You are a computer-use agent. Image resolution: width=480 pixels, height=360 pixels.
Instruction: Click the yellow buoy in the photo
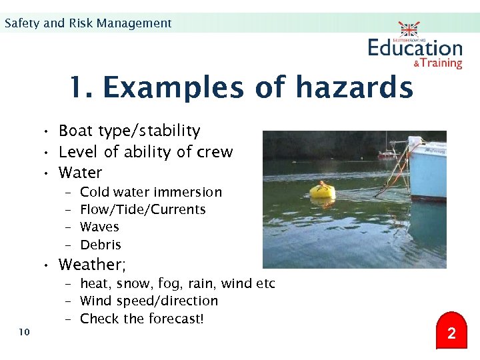pos(322,191)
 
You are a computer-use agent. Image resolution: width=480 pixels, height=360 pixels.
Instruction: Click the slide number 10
pos(25,332)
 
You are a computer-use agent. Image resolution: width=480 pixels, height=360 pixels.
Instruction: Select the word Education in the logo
pos(415,48)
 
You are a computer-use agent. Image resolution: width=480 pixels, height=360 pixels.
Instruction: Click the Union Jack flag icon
pos(409,29)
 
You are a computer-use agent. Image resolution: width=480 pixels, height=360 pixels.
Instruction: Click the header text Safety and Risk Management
pos(88,23)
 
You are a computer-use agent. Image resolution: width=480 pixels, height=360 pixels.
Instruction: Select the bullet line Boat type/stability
pos(129,131)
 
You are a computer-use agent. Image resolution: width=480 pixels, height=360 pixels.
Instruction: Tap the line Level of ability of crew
pos(145,152)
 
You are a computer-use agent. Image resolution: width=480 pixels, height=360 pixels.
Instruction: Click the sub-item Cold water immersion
pos(151,192)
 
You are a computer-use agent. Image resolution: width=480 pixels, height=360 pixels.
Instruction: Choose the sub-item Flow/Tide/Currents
pos(143,209)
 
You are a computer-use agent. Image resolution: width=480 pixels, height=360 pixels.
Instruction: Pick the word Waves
pos(99,227)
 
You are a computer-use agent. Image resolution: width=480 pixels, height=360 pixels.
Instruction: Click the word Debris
pos(101,245)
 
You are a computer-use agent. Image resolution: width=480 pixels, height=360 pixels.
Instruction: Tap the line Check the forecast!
pos(141,319)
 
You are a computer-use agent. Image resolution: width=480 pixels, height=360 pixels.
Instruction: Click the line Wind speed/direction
pos(149,301)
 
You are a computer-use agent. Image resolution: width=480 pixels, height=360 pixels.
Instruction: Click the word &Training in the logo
pos(437,63)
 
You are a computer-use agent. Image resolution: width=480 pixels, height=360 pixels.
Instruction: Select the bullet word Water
pos(80,173)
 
